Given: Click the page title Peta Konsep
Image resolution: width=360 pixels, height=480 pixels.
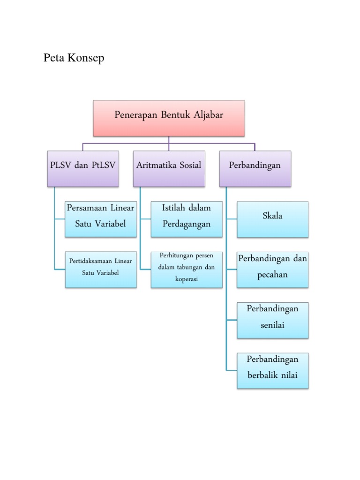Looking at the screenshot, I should pyautogui.click(x=74, y=59).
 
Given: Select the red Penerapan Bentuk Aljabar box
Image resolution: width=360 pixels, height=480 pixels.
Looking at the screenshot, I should pyautogui.click(x=169, y=117).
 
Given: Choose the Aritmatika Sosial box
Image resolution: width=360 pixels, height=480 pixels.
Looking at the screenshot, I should pyautogui.click(x=169, y=168).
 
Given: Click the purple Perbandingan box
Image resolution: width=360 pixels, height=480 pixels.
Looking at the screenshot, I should pyautogui.click(x=255, y=168).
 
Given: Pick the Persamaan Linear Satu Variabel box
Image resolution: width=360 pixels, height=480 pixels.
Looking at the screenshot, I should pyautogui.click(x=101, y=219).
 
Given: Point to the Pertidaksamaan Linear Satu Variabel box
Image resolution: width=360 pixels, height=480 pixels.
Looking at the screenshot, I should pyautogui.click(x=101, y=270).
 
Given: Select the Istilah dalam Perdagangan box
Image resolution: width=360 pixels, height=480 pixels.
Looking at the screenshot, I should pyautogui.click(x=187, y=219).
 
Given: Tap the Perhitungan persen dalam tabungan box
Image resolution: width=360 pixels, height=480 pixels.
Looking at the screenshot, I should pyautogui.click(x=187, y=270).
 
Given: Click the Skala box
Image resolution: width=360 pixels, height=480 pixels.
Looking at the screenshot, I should pyautogui.click(x=272, y=219).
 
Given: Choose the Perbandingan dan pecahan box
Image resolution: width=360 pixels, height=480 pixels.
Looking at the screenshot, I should pyautogui.click(x=272, y=270).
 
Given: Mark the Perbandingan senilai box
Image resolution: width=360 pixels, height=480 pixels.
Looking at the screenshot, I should pyautogui.click(x=272, y=320).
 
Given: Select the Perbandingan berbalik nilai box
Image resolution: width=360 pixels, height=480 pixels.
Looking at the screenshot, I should pyautogui.click(x=272, y=371).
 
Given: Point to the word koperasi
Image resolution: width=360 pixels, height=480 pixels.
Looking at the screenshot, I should pyautogui.click(x=187, y=279).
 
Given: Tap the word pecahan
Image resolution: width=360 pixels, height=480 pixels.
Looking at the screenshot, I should pyautogui.click(x=272, y=275).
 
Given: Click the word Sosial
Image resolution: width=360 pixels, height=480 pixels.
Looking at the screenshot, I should pyautogui.click(x=187, y=165).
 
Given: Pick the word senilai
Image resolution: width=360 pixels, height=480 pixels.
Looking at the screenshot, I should pyautogui.click(x=272, y=325).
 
